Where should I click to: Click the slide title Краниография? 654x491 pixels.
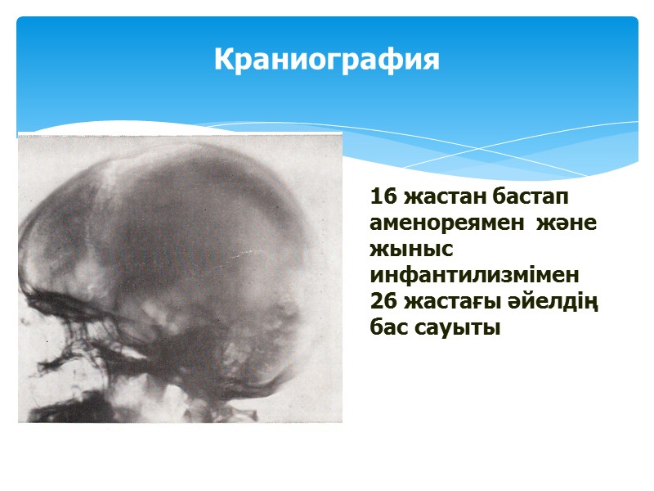pos(327,60)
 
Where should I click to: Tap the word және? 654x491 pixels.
pos(569,223)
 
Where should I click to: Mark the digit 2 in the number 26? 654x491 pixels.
pos(376,302)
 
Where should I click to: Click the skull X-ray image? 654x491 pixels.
pos(180,278)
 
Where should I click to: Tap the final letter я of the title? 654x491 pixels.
pos(431,60)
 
